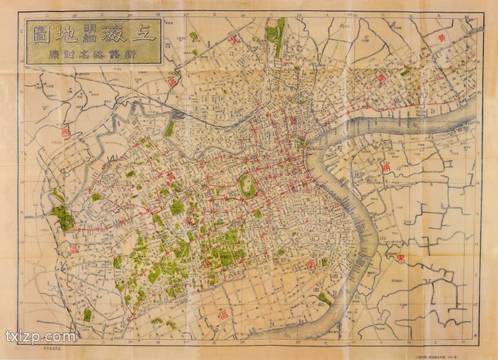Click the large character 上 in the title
pyautogui.click(x=144, y=32)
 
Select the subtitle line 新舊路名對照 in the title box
pyautogui.click(x=93, y=54)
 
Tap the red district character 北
pyautogui.click(x=234, y=39)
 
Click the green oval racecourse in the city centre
pyautogui.click(x=248, y=184)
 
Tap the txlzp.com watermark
pyautogui.click(x=40, y=338)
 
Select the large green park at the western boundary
pyautogui.click(x=62, y=216)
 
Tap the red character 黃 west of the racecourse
pyautogui.click(x=170, y=178)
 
